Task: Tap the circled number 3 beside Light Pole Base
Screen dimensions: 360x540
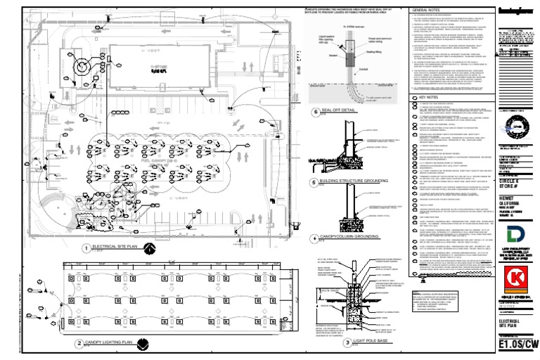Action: tap(347, 342)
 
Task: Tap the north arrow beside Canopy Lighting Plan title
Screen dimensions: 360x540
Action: tap(143, 344)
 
